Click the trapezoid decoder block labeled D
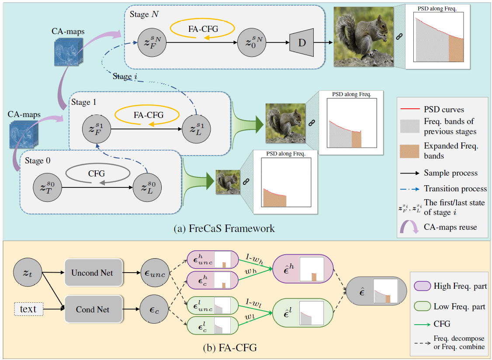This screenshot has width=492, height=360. pos(302,42)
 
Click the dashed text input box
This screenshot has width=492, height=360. pos(28,309)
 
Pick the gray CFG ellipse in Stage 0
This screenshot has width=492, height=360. pos(97,173)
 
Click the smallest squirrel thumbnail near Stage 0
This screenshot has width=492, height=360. pos(227,181)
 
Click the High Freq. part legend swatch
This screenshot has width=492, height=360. pos(422,286)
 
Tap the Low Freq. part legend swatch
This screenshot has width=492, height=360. pos(422,306)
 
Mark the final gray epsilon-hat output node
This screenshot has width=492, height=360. pos(371,291)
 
